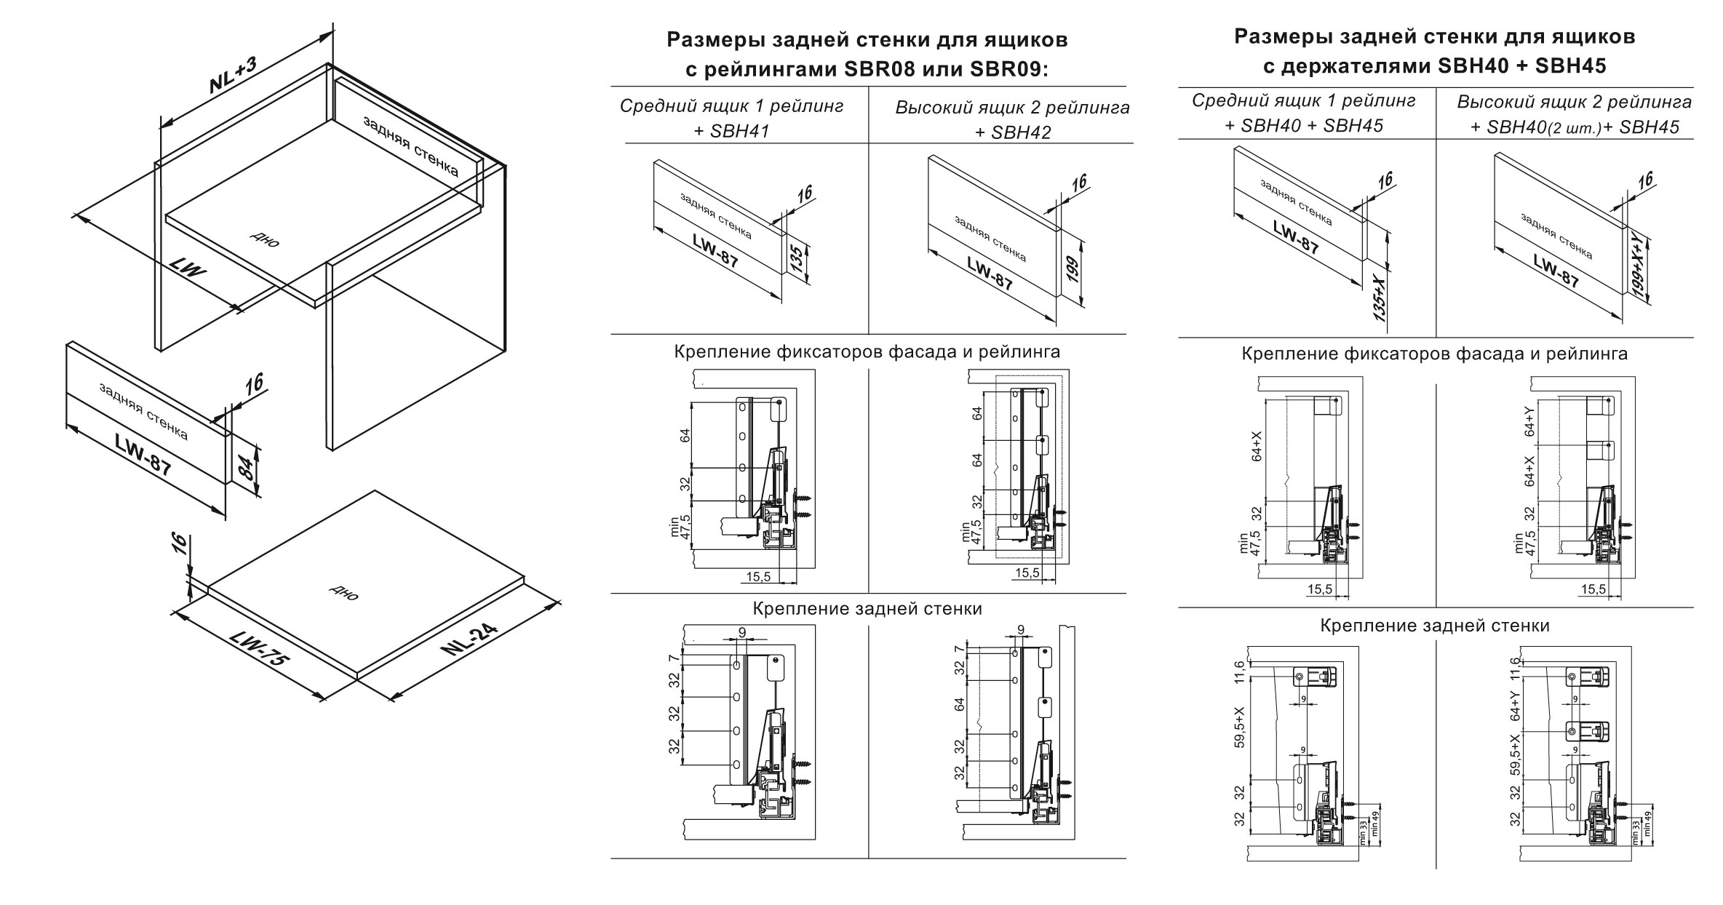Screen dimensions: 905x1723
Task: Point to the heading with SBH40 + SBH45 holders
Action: pyautogui.click(x=1434, y=66)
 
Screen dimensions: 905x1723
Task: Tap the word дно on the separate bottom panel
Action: pyautogui.click(x=344, y=593)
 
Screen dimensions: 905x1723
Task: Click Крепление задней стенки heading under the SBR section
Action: pyautogui.click(x=867, y=608)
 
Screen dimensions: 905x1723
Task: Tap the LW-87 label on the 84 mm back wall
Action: pyautogui.click(x=143, y=454)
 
